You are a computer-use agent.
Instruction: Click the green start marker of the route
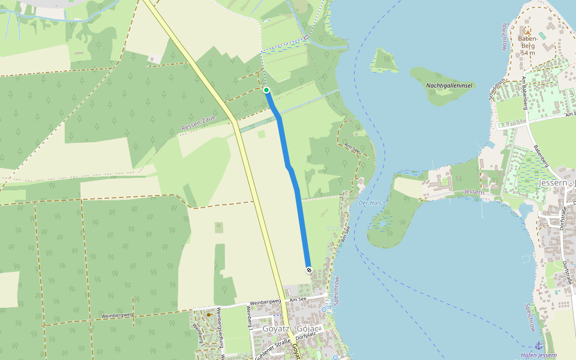click(x=266, y=90)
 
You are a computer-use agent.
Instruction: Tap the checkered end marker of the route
click(x=308, y=270)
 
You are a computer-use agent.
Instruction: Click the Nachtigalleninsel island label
click(x=449, y=86)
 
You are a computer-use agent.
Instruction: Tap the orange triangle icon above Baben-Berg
click(x=527, y=30)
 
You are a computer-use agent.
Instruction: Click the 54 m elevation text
click(x=528, y=53)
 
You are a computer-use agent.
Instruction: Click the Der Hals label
click(x=370, y=203)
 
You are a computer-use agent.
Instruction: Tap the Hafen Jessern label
click(x=539, y=355)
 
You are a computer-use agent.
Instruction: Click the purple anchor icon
click(x=538, y=346)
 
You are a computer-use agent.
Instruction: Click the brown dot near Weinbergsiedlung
click(x=208, y=314)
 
